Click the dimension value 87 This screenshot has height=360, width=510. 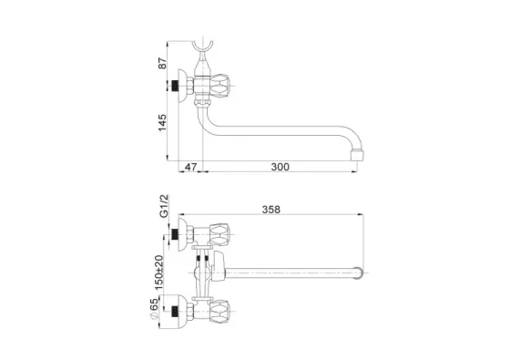tap(162, 63)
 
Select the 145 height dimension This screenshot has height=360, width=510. tap(162, 123)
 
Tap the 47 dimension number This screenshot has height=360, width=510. tap(190, 167)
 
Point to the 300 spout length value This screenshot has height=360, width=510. tap(280, 167)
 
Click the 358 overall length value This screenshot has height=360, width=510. tap(271, 210)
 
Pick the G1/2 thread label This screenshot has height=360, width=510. tap(164, 206)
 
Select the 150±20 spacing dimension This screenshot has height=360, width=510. tap(159, 273)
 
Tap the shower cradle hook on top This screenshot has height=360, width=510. tap(202, 47)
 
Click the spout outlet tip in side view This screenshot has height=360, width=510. tap(357, 155)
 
